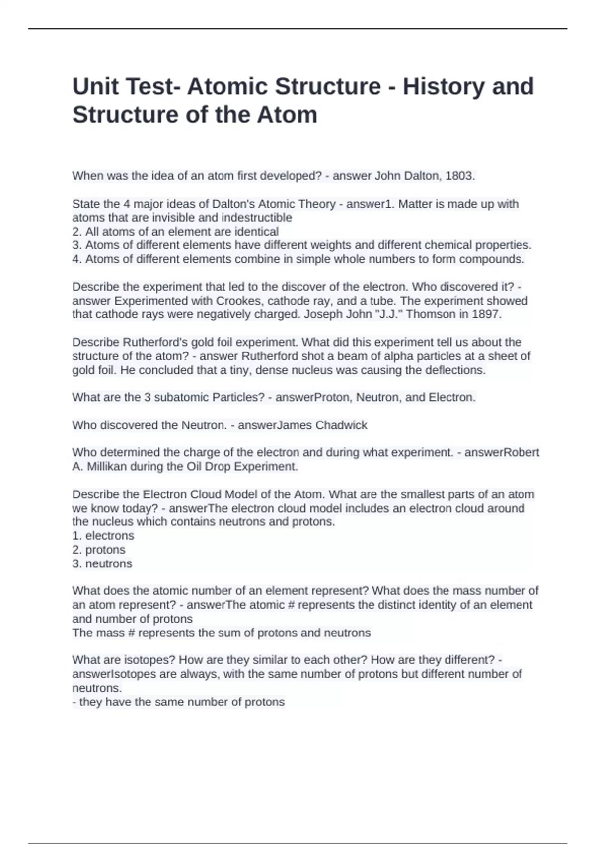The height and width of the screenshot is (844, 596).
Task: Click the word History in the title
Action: point(443,86)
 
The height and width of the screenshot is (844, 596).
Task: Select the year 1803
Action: point(459,176)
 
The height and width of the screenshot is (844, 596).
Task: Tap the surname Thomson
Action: point(429,314)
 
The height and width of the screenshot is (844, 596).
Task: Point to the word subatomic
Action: point(182,398)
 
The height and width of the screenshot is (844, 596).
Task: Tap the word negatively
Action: point(225,314)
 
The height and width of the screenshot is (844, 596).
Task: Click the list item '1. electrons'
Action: point(103,536)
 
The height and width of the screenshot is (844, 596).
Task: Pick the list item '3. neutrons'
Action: point(102,564)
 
